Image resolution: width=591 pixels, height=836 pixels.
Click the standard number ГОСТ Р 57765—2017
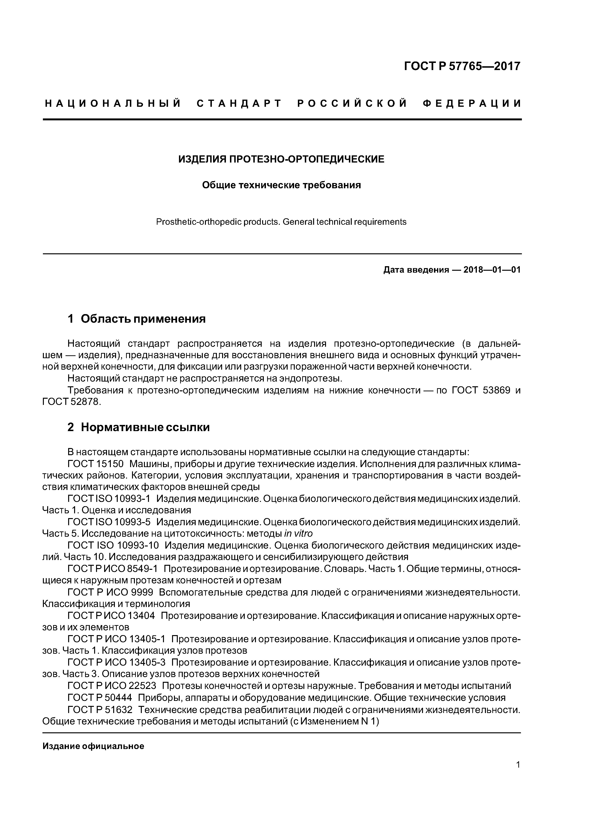tap(463, 66)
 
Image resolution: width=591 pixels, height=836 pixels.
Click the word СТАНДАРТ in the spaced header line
tap(239, 104)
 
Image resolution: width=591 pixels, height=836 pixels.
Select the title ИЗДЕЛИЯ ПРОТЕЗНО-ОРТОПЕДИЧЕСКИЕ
tap(281, 159)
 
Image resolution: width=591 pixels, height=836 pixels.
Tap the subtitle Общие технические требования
tap(281, 185)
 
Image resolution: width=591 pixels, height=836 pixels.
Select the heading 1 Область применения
tap(137, 319)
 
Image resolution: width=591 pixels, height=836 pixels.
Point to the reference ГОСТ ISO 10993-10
tap(113, 545)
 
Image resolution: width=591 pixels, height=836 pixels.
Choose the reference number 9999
tap(140, 592)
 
